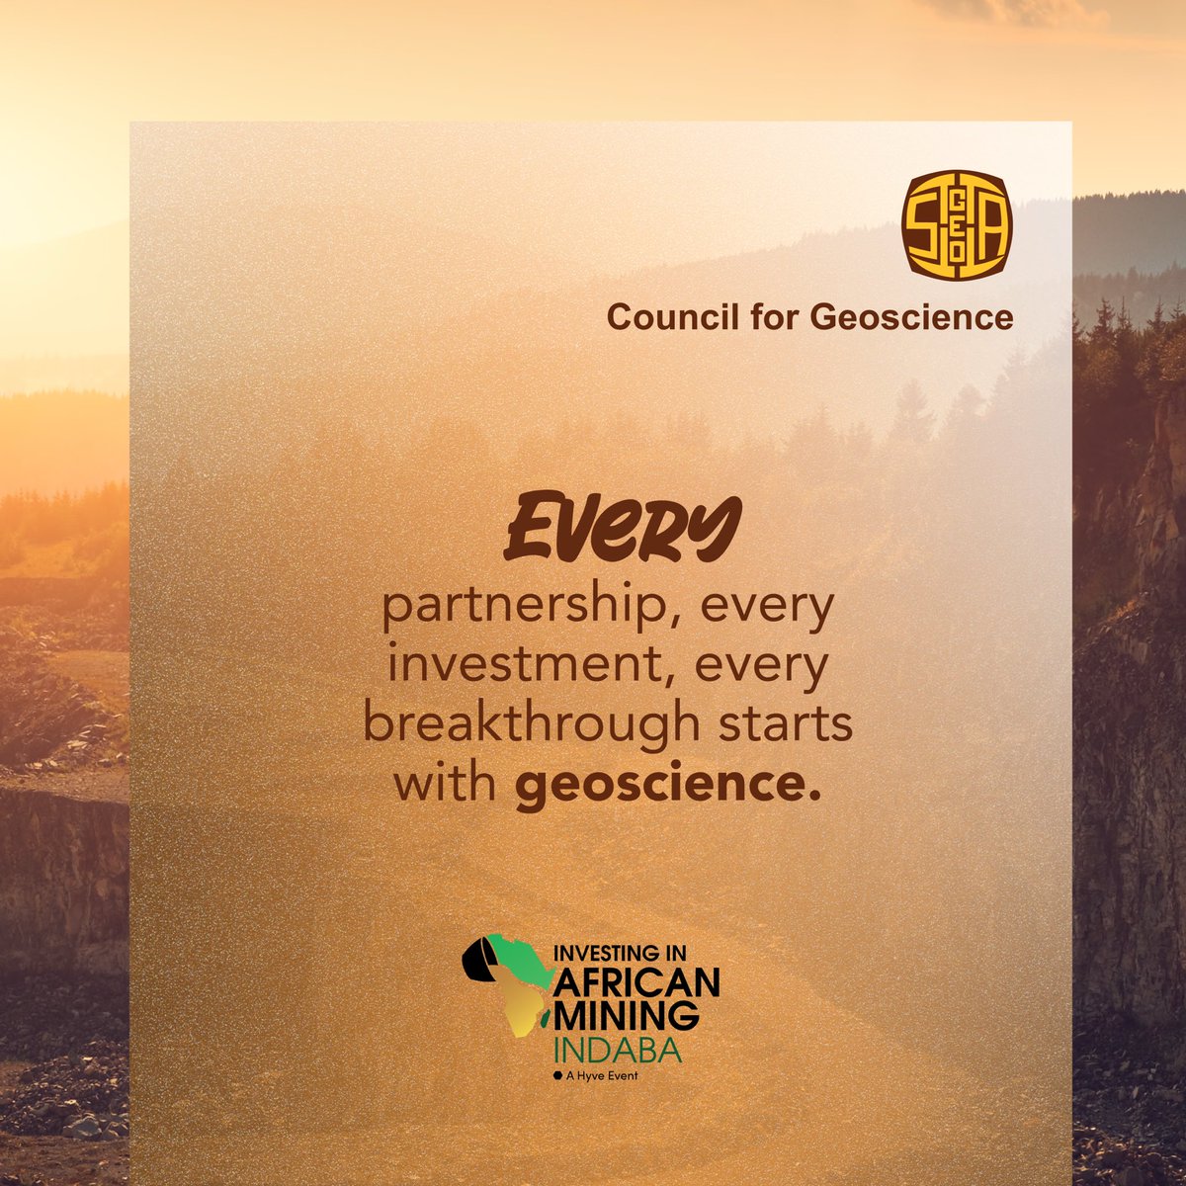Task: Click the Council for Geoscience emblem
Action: [958, 225]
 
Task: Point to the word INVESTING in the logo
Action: [607, 958]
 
